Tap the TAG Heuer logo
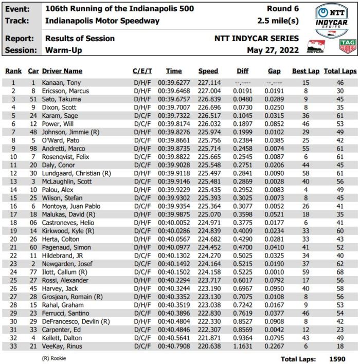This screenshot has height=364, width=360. [x=348, y=46]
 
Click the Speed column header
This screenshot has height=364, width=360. [x=208, y=71]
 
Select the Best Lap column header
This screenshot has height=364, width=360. [x=305, y=71]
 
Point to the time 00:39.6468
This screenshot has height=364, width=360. [x=174, y=90]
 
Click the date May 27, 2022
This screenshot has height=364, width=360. [x=272, y=50]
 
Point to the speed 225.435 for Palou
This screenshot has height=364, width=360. [x=208, y=190]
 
